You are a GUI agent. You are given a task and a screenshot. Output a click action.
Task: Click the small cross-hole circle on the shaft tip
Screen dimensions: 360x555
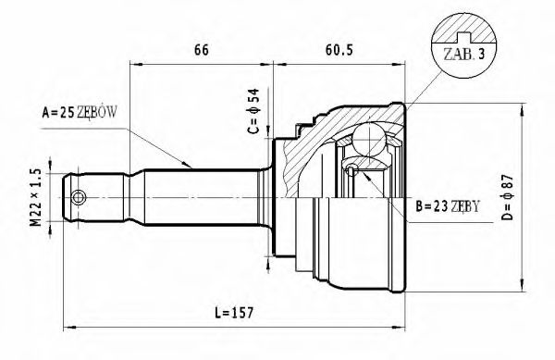point(80,198)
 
